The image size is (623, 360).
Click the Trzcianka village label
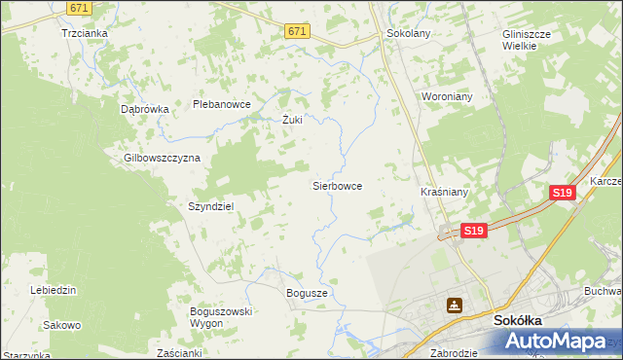click(x=84, y=32)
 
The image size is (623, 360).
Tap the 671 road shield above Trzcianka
click(x=81, y=7)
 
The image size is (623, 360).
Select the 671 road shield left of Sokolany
click(x=298, y=32)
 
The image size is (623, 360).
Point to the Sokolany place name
click(x=409, y=32)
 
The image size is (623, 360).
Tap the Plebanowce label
click(x=222, y=104)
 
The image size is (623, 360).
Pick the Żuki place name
click(x=292, y=121)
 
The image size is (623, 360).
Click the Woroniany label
click(x=446, y=97)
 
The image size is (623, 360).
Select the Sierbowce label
click(x=337, y=184)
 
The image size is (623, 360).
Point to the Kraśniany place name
click(x=444, y=193)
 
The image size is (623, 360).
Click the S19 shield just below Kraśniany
click(x=473, y=231)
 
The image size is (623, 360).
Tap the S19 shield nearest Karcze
click(x=562, y=194)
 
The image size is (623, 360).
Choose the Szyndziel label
click(x=210, y=206)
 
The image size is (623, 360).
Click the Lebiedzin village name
click(x=54, y=290)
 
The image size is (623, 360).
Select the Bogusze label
click(x=308, y=293)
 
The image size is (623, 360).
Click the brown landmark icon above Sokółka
click(x=454, y=305)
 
